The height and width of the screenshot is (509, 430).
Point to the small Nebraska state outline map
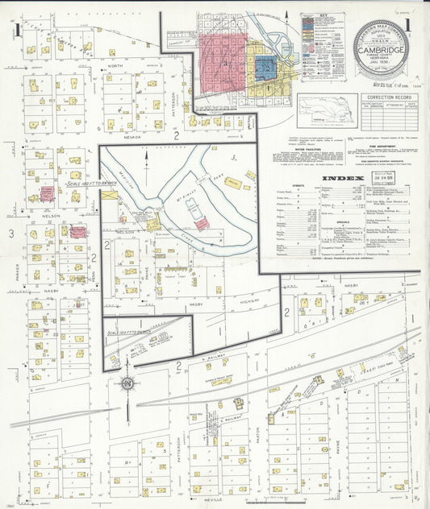(x=327, y=109)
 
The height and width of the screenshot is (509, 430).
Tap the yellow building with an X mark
(x=110, y=195)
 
